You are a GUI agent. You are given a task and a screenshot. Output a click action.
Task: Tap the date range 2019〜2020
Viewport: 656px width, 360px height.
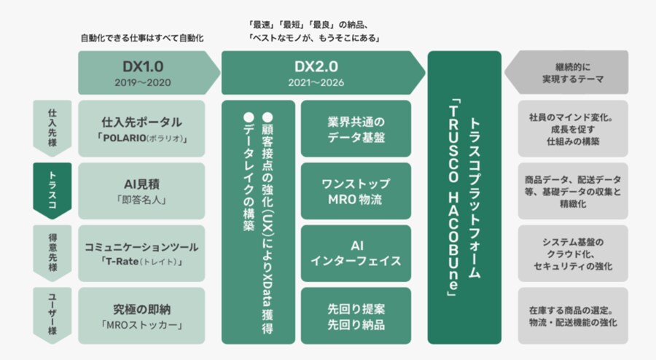coord(143,82)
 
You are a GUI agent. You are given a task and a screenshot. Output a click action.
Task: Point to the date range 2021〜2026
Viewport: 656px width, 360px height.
coord(316,82)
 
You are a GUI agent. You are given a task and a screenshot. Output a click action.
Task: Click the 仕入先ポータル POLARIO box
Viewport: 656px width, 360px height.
coord(142,128)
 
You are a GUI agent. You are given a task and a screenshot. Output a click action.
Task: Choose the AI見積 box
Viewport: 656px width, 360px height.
coord(142,191)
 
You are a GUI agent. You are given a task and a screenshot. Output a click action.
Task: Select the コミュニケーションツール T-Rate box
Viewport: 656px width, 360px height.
coord(142,253)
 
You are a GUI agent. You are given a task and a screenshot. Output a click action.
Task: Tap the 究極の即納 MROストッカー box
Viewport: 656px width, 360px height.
coord(142,315)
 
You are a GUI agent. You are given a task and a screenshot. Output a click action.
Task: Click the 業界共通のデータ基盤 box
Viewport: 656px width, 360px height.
coord(356,128)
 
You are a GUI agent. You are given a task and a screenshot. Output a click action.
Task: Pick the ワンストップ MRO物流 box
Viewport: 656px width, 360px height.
coord(356,191)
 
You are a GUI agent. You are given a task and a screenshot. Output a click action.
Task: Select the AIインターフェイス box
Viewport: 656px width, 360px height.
coord(356,253)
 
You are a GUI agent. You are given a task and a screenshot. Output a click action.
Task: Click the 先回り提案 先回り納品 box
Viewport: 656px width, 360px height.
coord(356,315)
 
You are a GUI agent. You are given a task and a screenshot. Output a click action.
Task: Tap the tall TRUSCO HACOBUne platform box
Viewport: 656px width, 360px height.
coord(464,197)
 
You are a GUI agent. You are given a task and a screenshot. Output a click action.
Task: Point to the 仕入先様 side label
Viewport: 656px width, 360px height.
coord(52,127)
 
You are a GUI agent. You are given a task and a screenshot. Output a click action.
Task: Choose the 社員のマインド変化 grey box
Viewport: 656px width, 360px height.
coord(572,128)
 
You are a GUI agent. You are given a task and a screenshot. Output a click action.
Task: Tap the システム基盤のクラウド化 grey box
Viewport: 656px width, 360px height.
coord(572,253)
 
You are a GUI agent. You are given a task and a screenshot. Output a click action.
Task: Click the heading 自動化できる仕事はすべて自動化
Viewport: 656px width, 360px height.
coord(141,36)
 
